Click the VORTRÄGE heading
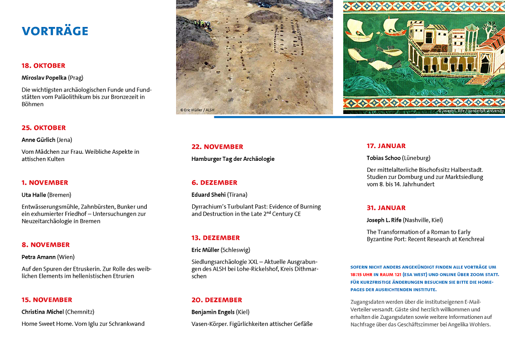tap(55, 31)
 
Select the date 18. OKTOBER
tap(44, 66)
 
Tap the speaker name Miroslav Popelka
tap(44, 78)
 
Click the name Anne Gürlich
tap(38, 140)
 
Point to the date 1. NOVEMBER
tap(45, 183)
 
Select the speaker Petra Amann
tap(39, 257)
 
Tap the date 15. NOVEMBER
tap(47, 300)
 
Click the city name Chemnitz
tap(80, 312)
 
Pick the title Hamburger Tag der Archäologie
tap(233, 159)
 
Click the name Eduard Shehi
tap(209, 194)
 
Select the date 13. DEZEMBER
tap(216, 238)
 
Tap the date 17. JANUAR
tap(386, 146)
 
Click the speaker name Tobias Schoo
tap(383, 158)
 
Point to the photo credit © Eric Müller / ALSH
tap(197, 110)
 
